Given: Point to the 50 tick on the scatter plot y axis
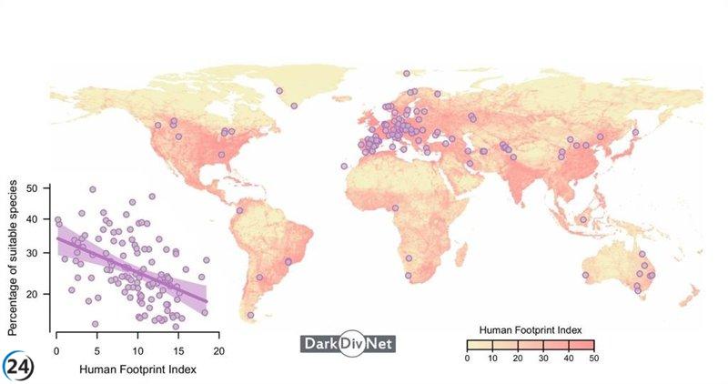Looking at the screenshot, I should (x=32, y=188).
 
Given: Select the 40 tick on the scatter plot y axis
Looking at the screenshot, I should (x=32, y=219).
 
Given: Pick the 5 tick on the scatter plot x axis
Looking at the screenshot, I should (x=96, y=351).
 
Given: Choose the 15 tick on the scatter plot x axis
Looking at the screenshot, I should (x=177, y=351).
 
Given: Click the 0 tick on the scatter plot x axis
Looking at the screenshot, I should (x=56, y=351).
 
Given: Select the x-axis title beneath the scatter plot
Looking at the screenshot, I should (x=137, y=369).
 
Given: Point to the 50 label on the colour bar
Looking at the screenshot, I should (x=592, y=359).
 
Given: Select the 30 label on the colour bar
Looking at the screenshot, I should (x=542, y=359).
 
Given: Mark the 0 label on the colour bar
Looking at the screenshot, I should (x=467, y=359).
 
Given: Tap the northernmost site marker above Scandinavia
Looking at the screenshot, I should (x=406, y=74).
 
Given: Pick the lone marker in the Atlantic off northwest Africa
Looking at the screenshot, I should (x=344, y=166).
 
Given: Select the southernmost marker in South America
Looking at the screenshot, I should (x=250, y=315).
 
